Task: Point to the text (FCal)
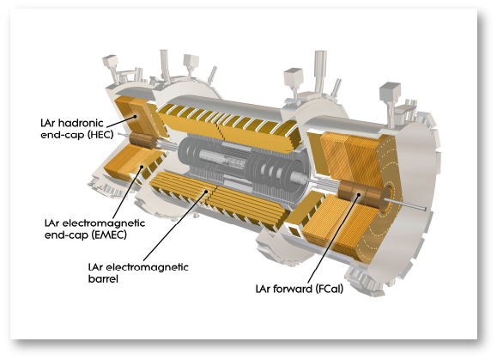click(329, 289)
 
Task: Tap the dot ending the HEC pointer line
click(136, 116)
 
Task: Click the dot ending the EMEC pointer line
click(142, 166)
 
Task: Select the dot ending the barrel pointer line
click(207, 192)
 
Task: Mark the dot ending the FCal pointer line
click(359, 194)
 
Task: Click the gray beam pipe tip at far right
click(424, 209)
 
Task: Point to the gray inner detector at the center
click(241, 167)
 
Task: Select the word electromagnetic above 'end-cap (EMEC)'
click(104, 223)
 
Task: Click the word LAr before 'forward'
click(264, 289)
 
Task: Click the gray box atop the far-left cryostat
click(110, 61)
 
